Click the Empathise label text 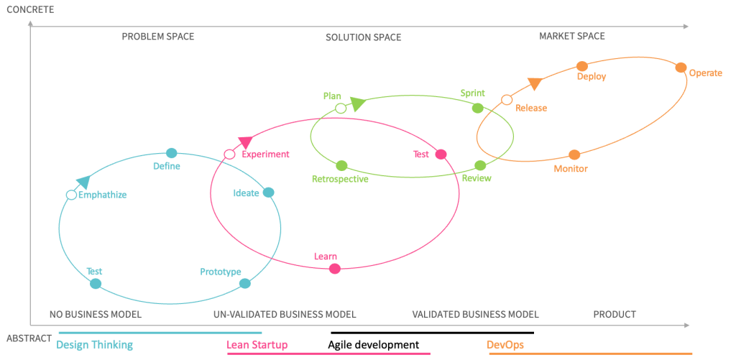103,195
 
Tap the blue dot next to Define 171,153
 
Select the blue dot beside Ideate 268,192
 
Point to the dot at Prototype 244,283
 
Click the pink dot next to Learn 334,269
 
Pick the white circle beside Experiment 229,154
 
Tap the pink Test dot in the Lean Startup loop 441,154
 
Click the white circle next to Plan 341,109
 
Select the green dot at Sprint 477,108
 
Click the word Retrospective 340,179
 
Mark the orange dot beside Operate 681,68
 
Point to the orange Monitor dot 574,154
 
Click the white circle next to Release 507,100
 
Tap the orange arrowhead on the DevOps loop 534,83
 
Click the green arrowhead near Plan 357,105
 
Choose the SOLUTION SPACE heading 363,37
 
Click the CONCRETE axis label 31,9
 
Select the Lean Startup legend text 257,345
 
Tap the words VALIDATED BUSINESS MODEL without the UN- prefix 475,314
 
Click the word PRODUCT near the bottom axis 615,314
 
